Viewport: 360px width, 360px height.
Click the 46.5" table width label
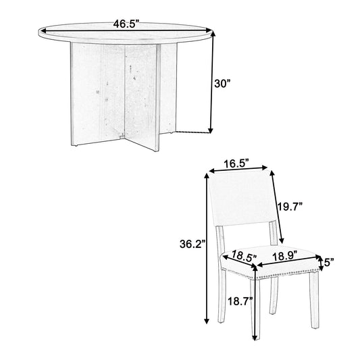tap(126, 24)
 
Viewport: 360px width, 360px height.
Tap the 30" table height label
tap(222, 84)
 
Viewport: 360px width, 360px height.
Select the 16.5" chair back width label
tap(236, 164)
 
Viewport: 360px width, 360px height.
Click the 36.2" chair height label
tap(192, 244)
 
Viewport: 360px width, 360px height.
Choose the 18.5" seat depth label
tap(244, 255)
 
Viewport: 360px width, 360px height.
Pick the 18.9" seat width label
tap(285, 255)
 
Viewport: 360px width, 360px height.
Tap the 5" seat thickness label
tap(328, 262)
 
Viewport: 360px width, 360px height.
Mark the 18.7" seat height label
tap(240, 301)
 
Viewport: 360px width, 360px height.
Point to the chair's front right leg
tap(314, 300)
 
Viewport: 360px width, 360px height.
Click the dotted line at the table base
tap(193, 132)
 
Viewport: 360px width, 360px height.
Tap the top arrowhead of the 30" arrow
tap(213, 34)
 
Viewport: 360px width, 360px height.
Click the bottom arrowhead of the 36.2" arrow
tap(207, 320)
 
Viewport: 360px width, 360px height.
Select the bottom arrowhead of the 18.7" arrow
tap(255, 337)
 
